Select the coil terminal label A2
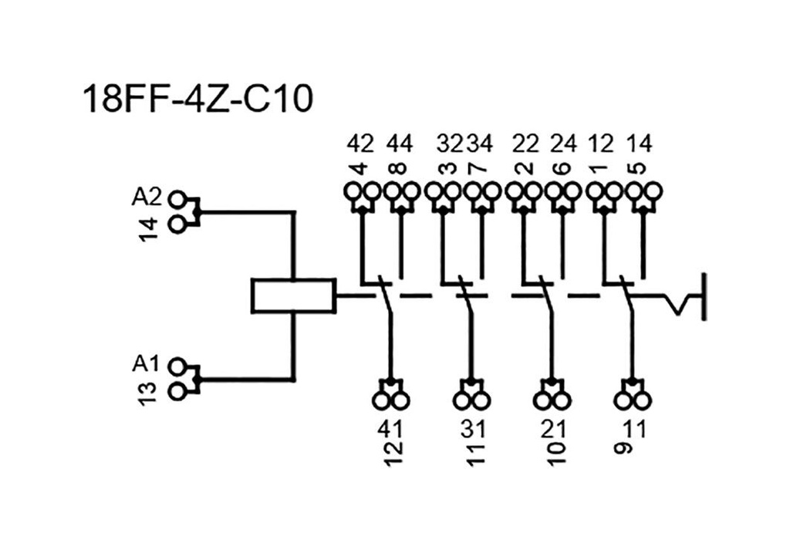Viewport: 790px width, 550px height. tap(147, 197)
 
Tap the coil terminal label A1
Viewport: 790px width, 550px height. tap(147, 363)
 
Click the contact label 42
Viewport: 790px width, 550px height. tap(360, 143)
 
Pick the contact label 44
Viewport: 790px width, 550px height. tap(400, 143)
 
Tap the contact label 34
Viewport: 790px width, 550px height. tap(479, 143)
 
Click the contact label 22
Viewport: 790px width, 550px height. tap(526, 143)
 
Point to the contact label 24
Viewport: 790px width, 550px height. tap(563, 143)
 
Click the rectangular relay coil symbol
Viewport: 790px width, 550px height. tap(293, 295)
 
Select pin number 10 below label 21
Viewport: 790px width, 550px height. tap(556, 450)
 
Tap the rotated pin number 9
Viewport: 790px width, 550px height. tap(626, 447)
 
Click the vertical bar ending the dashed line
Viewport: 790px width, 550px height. tap(703, 296)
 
